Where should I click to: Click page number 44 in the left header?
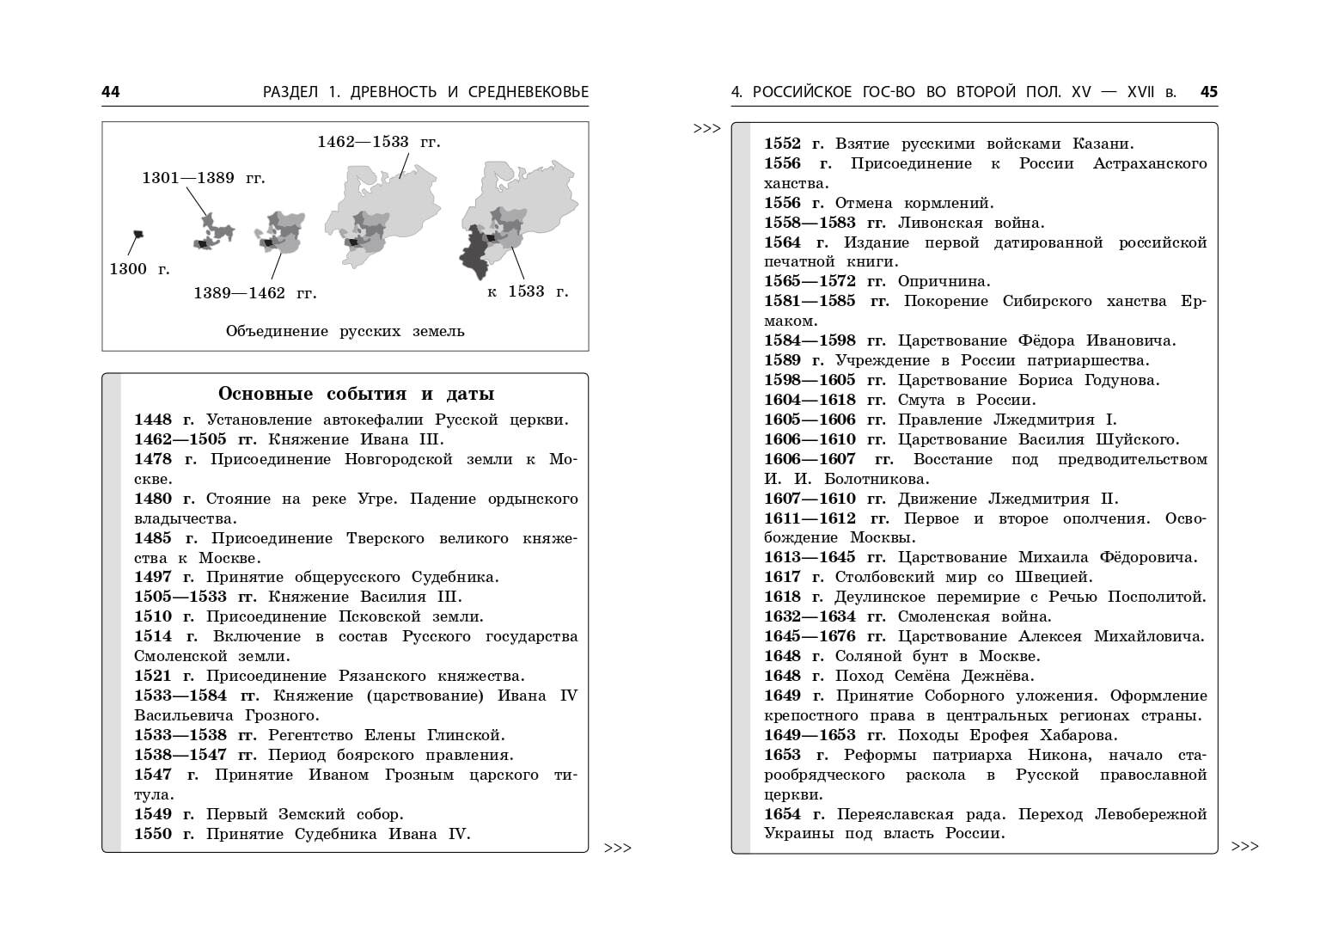click(111, 92)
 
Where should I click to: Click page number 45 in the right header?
click(1208, 92)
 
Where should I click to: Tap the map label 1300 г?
click(139, 269)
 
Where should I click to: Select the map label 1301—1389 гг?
click(204, 178)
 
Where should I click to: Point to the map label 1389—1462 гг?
click(254, 293)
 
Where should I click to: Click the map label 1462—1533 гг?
click(378, 142)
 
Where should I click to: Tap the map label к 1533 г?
click(528, 291)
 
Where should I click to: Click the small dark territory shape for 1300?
click(137, 234)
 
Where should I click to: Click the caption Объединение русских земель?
click(345, 331)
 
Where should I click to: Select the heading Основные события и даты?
click(356, 394)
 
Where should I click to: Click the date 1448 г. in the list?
click(164, 420)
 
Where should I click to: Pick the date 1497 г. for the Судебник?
click(164, 577)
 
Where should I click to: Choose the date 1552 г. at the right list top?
click(794, 144)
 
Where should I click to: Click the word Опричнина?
click(944, 281)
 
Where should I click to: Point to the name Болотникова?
click(877, 479)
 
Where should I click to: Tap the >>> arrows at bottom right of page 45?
click(1244, 847)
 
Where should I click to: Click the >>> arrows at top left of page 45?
click(706, 129)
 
